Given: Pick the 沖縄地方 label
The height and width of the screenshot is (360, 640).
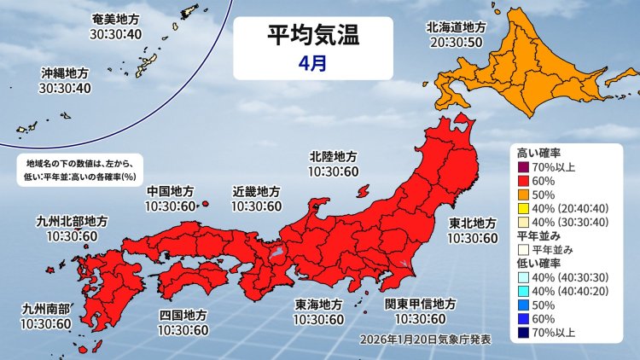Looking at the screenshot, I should [x=66, y=73].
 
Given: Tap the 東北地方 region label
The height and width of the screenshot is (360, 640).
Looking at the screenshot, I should [x=473, y=224].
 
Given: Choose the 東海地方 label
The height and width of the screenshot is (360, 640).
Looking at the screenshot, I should [x=319, y=305].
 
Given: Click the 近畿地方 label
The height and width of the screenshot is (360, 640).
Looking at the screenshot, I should [x=256, y=190].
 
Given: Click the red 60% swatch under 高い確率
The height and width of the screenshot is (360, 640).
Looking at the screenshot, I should [x=524, y=181].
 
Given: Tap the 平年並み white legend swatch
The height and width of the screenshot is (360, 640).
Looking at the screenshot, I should [x=524, y=248].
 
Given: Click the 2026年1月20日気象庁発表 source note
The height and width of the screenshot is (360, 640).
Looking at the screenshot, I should [x=426, y=339].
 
